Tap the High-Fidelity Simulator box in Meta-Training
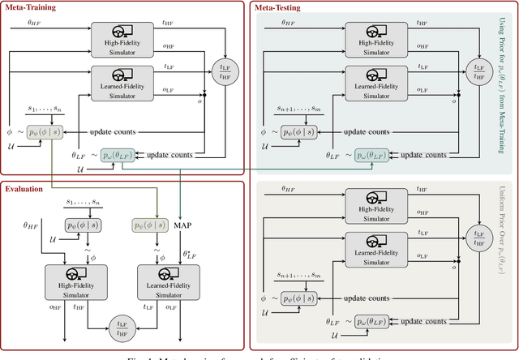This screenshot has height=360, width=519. (119, 37)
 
